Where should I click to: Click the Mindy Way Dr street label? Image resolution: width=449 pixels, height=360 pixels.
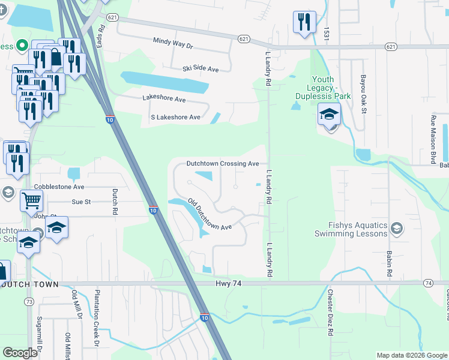(172, 45)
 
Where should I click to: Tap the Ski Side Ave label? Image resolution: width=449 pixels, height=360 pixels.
(200, 69)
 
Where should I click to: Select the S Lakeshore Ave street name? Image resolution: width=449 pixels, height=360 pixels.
(170, 117)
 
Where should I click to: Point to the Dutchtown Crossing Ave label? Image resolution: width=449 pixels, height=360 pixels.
(222, 163)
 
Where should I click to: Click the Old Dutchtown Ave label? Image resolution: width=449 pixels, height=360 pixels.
(209, 214)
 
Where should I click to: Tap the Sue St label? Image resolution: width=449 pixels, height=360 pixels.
(81, 202)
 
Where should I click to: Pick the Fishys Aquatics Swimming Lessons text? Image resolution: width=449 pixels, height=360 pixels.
(358, 230)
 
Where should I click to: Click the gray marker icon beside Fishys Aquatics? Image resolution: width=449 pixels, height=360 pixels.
(396, 229)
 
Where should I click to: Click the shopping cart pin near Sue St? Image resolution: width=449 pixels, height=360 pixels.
(31, 201)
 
